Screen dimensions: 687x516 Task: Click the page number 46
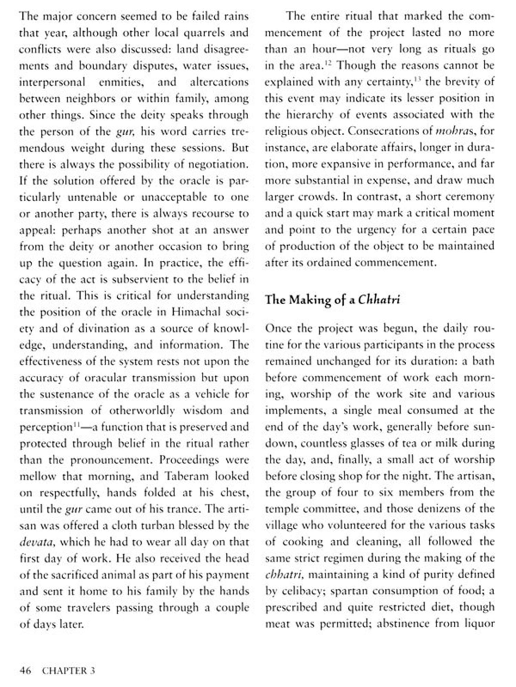coord(25,670)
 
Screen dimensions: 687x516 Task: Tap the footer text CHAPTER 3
coord(68,670)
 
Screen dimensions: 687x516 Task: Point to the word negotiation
coord(218,164)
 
